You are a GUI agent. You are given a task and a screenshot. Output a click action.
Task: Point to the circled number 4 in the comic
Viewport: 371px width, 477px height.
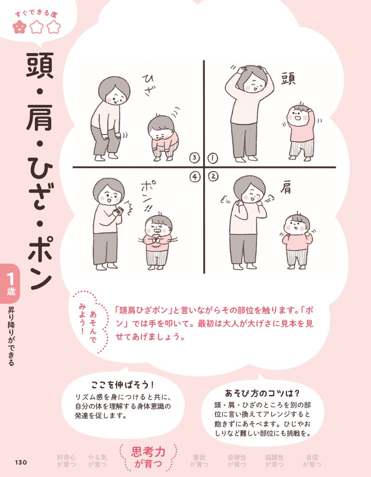point(195,176)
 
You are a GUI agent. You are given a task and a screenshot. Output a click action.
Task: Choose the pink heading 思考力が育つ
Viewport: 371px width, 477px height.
point(148,456)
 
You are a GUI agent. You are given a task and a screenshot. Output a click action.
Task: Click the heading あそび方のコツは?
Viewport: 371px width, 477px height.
point(262,392)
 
